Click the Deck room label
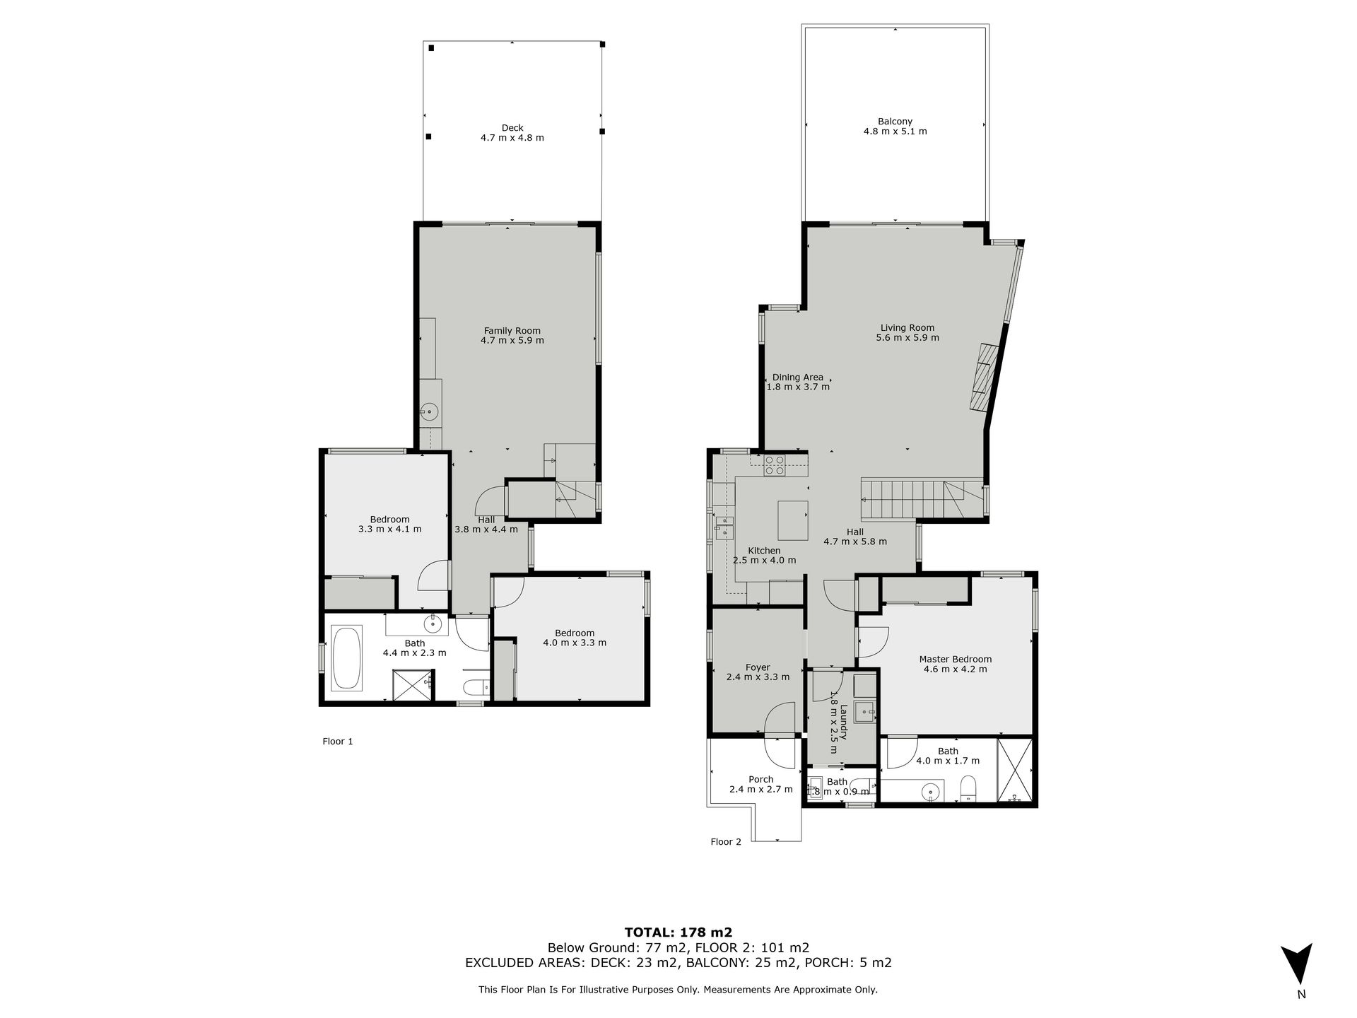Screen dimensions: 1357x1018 pos(512,128)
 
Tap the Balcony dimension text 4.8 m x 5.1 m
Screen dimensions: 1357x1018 pos(895,131)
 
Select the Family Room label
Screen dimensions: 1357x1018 pos(512,330)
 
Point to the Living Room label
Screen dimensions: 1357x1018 pos(907,327)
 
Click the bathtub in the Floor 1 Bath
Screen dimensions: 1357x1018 pos(347,657)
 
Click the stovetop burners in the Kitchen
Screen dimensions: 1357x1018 pos(775,464)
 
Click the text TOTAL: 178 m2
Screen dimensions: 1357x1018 pos(678,932)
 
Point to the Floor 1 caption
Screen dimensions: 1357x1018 pos(337,742)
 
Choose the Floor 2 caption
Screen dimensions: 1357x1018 pos(726,842)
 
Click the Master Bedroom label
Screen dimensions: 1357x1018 pos(955,659)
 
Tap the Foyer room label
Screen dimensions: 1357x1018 pos(758,667)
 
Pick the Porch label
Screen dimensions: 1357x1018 pos(761,780)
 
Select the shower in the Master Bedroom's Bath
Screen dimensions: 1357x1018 pos(1015,770)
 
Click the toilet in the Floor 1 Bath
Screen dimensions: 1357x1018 pos(474,687)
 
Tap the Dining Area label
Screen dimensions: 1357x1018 pos(797,378)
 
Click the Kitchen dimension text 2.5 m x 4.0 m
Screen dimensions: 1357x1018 pos(764,561)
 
